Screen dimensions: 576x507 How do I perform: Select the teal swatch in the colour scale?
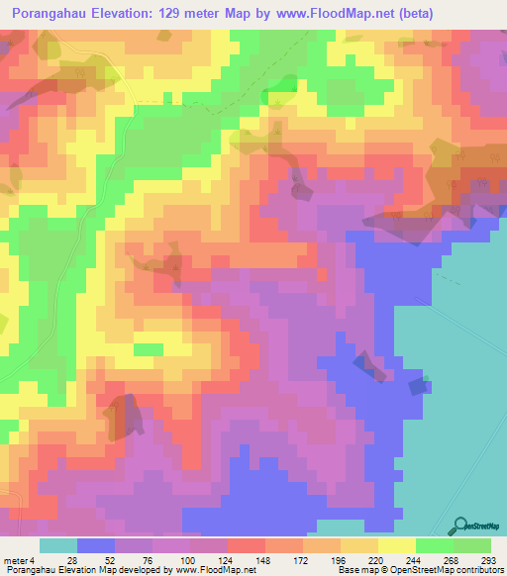point(57,545)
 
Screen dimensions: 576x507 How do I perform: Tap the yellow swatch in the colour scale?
point(396,545)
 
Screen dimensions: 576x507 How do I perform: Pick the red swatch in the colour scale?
point(246,545)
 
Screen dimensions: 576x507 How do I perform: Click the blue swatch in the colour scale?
point(95,545)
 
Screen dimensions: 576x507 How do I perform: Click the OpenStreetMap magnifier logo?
point(458,526)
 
